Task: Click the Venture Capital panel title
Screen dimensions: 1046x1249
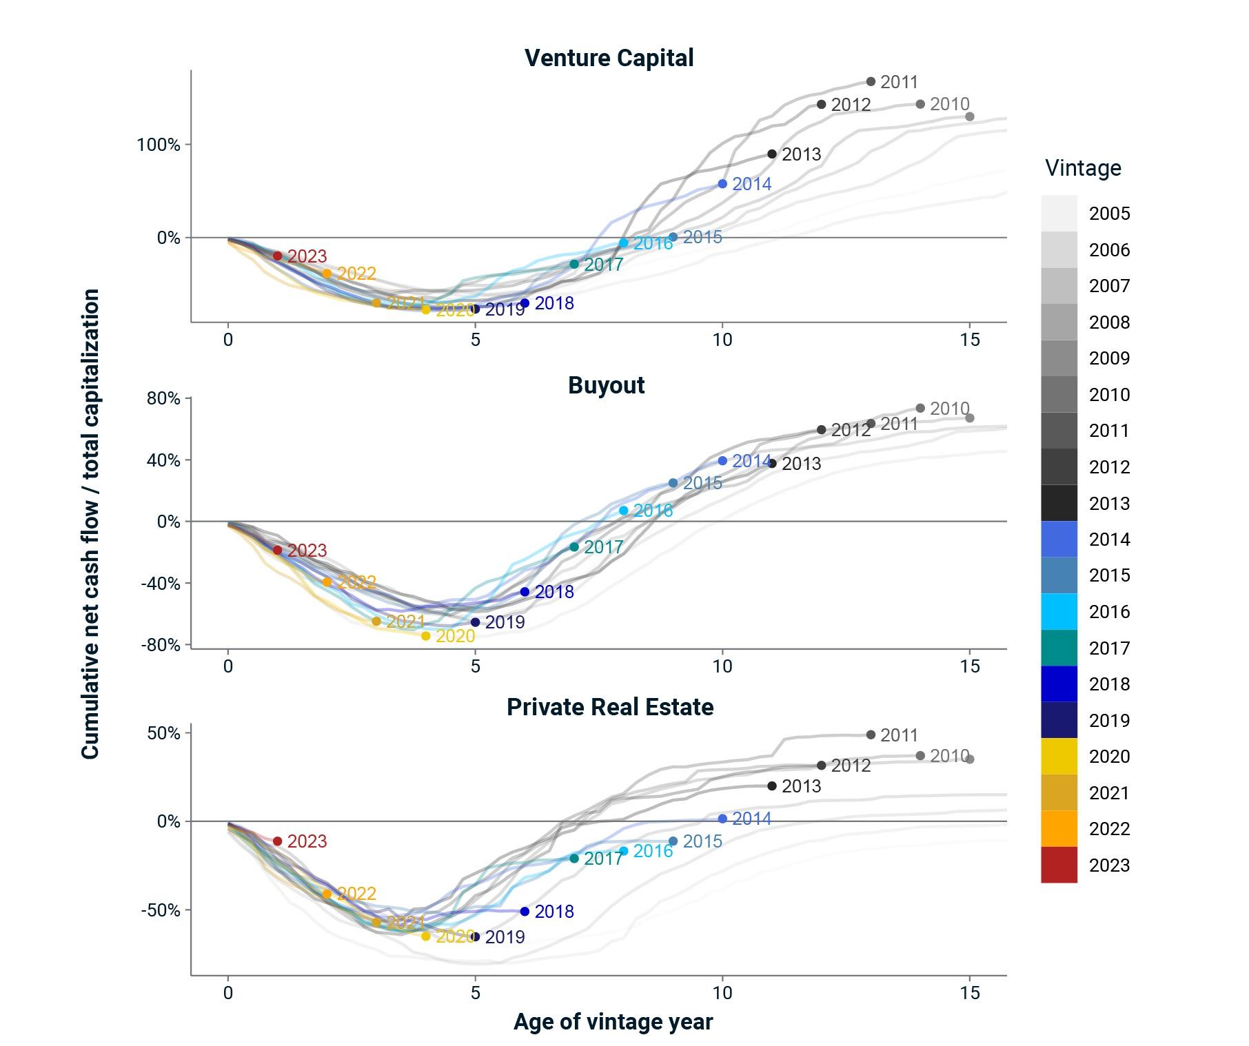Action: tap(609, 58)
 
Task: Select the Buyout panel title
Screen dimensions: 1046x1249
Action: tap(606, 385)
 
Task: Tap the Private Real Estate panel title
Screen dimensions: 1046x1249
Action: tap(609, 707)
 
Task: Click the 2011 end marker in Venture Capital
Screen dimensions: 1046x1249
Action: tap(871, 82)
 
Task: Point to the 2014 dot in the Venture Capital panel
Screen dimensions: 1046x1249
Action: tap(722, 184)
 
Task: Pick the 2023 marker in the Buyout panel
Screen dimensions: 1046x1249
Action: tap(277, 551)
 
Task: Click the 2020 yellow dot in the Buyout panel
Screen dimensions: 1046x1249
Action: tap(426, 636)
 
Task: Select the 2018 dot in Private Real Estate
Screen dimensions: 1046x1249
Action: tap(525, 912)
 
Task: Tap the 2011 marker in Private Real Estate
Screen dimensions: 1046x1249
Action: tap(871, 735)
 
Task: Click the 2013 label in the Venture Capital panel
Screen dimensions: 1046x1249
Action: tap(802, 154)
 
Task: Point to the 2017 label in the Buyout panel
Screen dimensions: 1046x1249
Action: tap(603, 547)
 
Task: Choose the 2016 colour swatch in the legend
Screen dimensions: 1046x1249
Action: tap(1059, 612)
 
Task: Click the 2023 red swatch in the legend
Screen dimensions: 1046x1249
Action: tap(1059, 865)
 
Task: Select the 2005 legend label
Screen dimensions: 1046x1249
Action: tap(1109, 214)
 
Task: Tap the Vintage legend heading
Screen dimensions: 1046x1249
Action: tap(1083, 168)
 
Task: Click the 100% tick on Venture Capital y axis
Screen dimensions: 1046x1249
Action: tap(159, 145)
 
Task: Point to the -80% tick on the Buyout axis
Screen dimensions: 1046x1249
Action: tap(160, 645)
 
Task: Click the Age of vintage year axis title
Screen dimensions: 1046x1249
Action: tap(613, 1021)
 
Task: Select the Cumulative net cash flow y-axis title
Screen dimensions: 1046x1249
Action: tap(90, 524)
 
